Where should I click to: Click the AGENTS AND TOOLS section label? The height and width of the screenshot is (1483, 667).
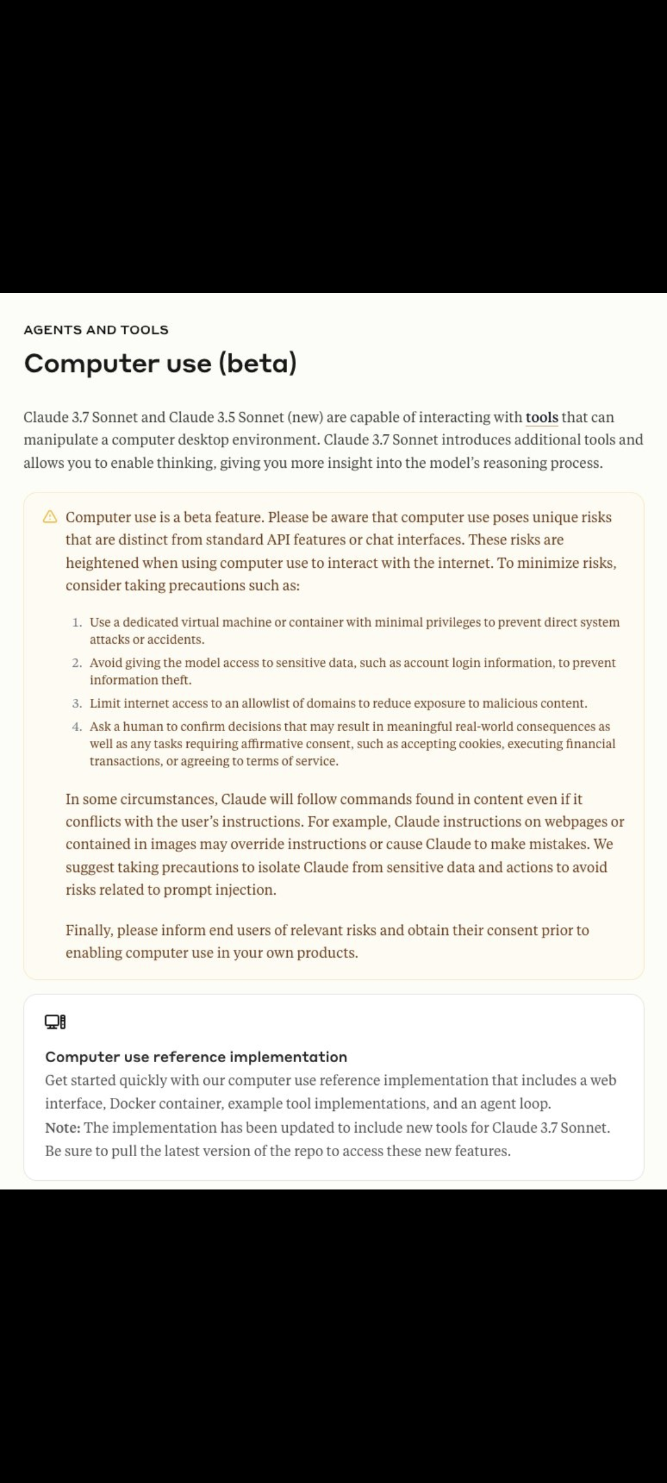[x=96, y=330]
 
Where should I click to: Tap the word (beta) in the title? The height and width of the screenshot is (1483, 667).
[x=258, y=363]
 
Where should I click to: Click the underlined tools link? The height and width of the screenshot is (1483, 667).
[x=542, y=418]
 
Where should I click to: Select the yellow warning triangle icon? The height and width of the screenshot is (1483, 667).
[x=50, y=517]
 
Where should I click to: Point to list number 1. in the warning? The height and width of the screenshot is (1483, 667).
[x=77, y=622]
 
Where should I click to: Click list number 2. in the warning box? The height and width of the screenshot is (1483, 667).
[x=77, y=663]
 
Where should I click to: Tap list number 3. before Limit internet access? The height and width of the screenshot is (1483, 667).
[x=77, y=704]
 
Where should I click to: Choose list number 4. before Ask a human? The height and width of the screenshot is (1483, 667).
[x=77, y=727]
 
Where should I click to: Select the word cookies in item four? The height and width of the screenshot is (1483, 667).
[x=483, y=744]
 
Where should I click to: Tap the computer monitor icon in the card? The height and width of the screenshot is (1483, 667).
[x=55, y=1022]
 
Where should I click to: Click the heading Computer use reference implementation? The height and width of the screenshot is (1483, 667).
[x=196, y=1057]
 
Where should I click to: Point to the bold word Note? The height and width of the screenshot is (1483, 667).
[x=62, y=1128]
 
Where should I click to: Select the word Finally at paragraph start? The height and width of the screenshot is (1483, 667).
[x=90, y=931]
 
